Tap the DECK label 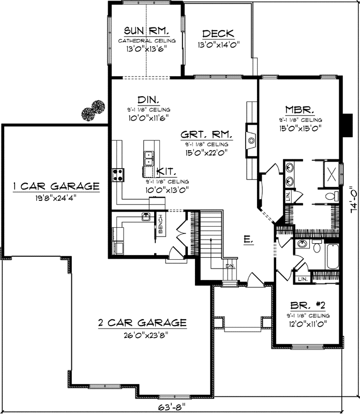pos(220,34)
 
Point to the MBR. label pos(301,110)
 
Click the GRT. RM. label pos(206,134)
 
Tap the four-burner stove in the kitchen pos(118,174)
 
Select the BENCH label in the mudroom pos(161,224)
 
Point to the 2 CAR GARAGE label pos(142,323)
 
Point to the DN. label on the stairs pos(230,266)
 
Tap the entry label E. pos(248,239)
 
